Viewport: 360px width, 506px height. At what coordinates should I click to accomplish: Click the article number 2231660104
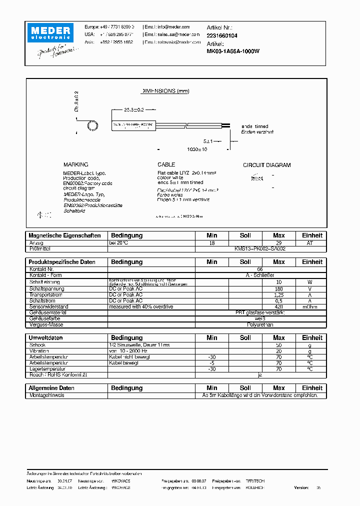pos(222,36)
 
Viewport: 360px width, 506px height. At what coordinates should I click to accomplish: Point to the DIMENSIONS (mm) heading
pos(165,91)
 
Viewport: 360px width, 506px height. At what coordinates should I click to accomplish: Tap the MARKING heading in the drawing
pos(75,164)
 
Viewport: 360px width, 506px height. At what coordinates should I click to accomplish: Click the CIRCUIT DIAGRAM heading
pos(266,165)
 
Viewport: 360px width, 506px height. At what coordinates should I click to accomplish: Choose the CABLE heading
pos(166,164)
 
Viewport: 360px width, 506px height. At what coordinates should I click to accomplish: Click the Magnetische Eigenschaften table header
pos(64,235)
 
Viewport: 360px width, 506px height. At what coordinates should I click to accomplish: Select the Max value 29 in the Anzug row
pos(278,242)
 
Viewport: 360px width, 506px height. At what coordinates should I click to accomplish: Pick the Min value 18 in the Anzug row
pos(212,242)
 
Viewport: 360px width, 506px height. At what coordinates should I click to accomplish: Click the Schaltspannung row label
pos(47,288)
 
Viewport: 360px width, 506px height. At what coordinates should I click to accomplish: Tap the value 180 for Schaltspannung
pos(278,288)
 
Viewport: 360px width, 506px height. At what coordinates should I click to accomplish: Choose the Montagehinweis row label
pos(46,395)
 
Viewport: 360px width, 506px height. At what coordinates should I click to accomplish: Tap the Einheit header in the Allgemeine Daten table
pos(312,388)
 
